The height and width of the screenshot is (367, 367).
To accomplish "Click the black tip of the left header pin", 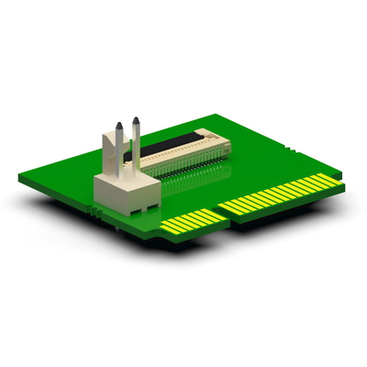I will pos(117,126).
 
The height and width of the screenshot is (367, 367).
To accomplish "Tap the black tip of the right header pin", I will pos(137,120).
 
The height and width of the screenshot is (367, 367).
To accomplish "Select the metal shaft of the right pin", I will pos(137,142).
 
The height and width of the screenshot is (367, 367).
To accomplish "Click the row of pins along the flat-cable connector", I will pos(183,165).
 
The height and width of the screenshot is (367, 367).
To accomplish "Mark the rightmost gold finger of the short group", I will pos(218,215).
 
